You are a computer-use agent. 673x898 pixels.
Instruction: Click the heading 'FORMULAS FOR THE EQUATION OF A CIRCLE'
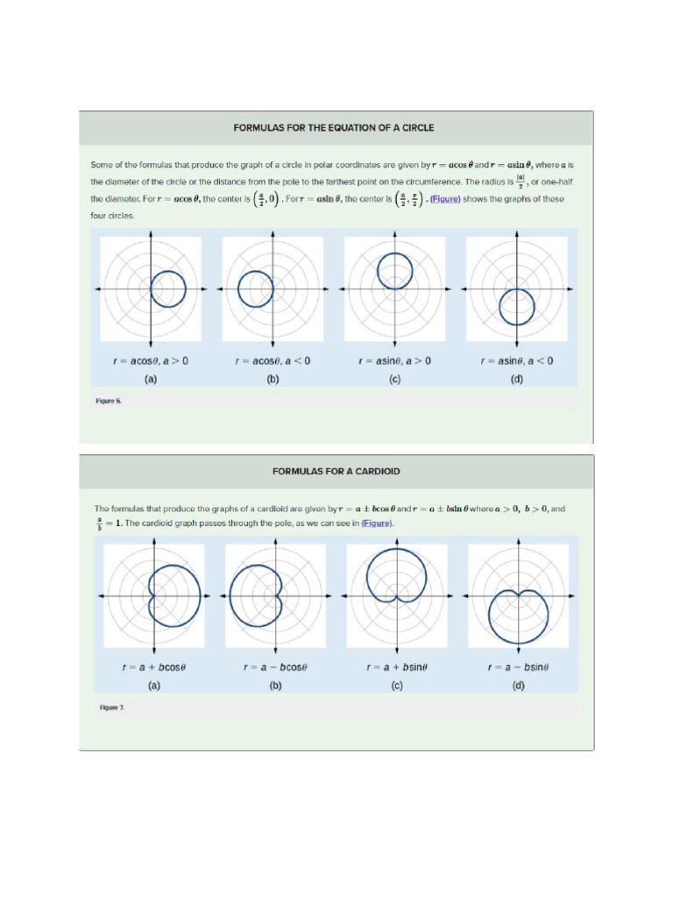(333, 128)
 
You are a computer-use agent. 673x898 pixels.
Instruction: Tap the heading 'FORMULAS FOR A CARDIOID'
(336, 472)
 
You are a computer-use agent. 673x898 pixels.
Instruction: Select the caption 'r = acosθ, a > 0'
(151, 361)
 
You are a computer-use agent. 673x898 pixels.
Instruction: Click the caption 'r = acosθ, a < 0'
(273, 361)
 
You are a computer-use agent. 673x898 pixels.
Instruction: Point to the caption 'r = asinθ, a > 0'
(394, 361)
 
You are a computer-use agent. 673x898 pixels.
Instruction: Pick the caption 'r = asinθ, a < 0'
(517, 361)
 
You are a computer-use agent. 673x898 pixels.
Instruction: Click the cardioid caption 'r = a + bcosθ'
(154, 667)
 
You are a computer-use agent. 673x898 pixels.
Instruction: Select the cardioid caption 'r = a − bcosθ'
(275, 667)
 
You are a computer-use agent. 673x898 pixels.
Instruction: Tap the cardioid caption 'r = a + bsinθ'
(397, 667)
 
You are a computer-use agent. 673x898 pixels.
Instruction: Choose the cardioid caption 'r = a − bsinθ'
(518, 667)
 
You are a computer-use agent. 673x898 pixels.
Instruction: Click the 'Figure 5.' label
(109, 401)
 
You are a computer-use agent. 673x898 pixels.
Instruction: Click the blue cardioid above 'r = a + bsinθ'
(368, 574)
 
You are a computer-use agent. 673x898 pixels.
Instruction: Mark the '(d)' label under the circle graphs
(517, 380)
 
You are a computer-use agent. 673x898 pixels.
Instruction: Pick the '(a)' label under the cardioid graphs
(154, 686)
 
